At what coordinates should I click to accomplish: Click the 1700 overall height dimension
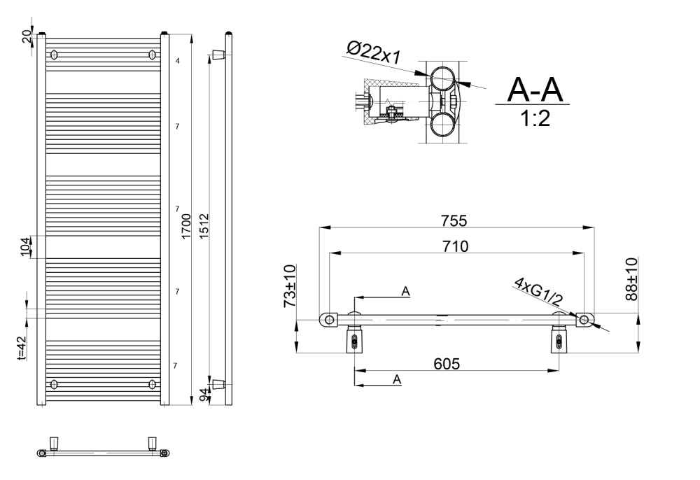(187, 226)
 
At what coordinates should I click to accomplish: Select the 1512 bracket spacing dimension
(204, 226)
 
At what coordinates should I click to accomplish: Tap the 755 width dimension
(454, 221)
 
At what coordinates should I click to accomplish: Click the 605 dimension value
(447, 364)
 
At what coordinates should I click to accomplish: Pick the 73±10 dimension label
(290, 286)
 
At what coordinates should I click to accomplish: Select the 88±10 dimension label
(631, 279)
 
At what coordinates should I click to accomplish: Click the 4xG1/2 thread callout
(538, 291)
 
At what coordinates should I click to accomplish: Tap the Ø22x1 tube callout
(374, 52)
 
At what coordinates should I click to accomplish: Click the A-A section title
(535, 90)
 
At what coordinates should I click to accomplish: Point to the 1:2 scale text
(535, 118)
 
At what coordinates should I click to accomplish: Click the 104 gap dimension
(25, 246)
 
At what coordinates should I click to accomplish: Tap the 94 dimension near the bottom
(204, 395)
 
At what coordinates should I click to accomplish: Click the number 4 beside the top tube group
(178, 61)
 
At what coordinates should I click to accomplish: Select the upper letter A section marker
(405, 291)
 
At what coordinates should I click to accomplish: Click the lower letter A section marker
(397, 380)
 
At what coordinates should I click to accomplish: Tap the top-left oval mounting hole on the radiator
(55, 55)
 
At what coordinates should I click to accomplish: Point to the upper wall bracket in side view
(218, 55)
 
